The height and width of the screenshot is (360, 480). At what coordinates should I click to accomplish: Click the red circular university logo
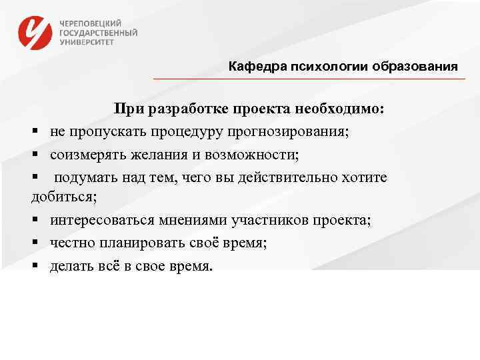pyautogui.click(x=35, y=32)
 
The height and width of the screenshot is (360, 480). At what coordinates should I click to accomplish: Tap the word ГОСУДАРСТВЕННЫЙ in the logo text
pyautogui.click(x=98, y=31)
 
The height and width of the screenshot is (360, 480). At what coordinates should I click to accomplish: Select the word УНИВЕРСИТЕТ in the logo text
pyautogui.click(x=87, y=41)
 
